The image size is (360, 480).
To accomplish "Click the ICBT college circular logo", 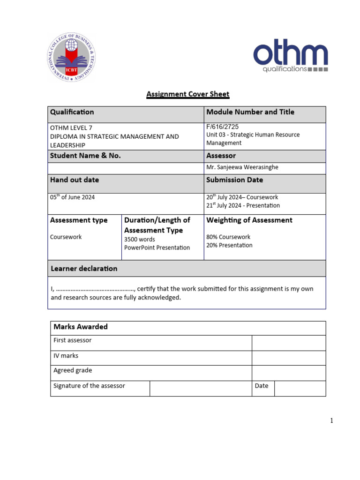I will pyautogui.click(x=71, y=58).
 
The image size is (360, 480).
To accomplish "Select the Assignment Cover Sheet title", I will pyautogui.click(x=187, y=94).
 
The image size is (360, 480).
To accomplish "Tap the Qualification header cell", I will pyautogui.click(x=72, y=112).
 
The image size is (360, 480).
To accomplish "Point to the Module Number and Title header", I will pyautogui.click(x=250, y=112).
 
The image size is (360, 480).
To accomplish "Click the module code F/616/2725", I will pyautogui.click(x=222, y=127).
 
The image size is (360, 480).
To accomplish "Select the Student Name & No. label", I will pyautogui.click(x=85, y=156).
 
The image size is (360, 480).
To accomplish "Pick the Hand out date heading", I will pyautogui.click(x=75, y=180).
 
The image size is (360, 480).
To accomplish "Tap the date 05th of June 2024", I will pyautogui.click(x=72, y=197).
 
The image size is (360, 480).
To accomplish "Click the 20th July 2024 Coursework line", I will pyautogui.click(x=242, y=197).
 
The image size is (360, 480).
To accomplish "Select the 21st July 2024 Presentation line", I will pyautogui.click(x=243, y=206).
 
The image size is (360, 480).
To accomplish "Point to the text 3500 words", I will pyautogui.click(x=139, y=240).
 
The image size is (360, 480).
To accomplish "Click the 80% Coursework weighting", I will pyautogui.click(x=228, y=237).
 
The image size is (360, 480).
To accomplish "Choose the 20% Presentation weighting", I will pyautogui.click(x=229, y=245).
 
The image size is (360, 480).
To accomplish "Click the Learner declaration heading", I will pyautogui.click(x=83, y=269).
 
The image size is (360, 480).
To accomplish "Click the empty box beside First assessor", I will pyautogui.click(x=288, y=343).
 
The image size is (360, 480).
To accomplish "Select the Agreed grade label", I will pyautogui.click(x=73, y=370).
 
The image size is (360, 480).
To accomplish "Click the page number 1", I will pyautogui.click(x=331, y=420).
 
